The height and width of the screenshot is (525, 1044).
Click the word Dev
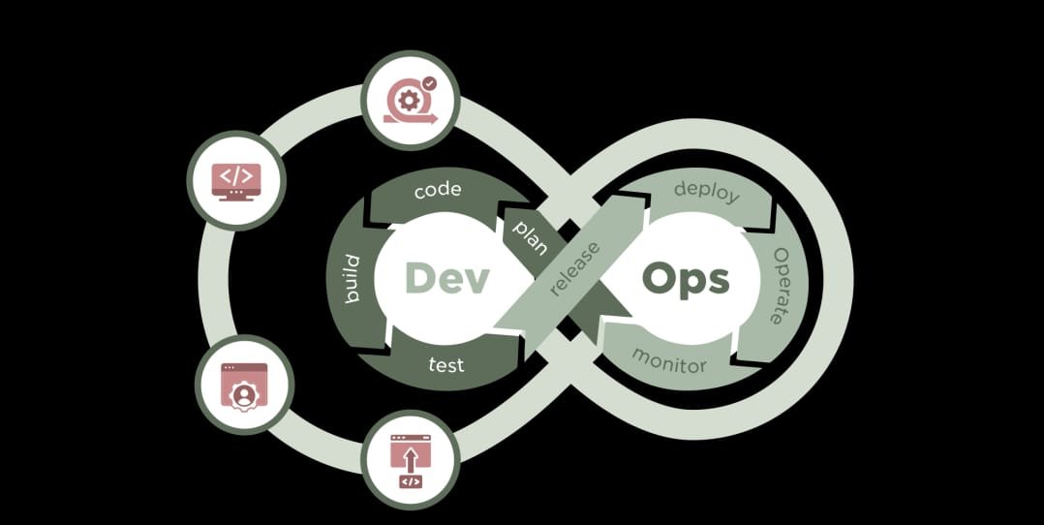[447, 278]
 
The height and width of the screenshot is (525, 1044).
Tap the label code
[438, 190]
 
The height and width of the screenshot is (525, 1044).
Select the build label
[351, 279]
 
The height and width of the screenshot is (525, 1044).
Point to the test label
[446, 365]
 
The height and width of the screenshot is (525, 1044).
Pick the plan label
[528, 236]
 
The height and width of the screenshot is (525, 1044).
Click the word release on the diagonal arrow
[574, 267]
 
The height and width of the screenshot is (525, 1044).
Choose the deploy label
[706, 191]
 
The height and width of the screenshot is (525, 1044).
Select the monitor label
[669, 360]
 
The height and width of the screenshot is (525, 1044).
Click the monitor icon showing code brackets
[236, 179]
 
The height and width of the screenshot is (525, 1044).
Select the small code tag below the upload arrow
[411, 481]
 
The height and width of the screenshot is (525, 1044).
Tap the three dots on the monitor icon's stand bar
[236, 193]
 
